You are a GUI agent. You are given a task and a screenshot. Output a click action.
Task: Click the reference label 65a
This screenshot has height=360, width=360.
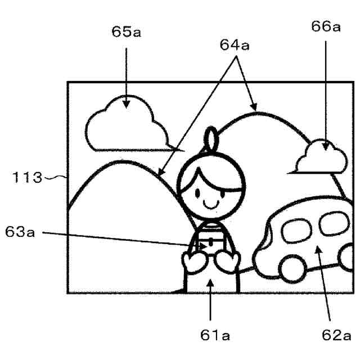point(127,31)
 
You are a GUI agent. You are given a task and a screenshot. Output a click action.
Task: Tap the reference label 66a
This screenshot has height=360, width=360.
point(326,27)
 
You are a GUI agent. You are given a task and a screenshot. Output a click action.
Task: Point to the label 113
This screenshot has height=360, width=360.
point(28,178)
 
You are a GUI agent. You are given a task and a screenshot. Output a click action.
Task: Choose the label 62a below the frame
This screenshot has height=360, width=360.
point(335,336)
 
